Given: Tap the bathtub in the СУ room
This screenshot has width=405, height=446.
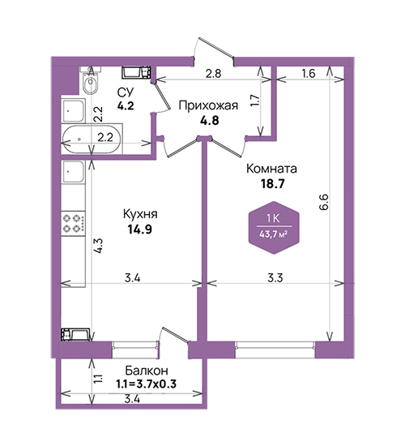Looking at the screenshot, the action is tap(92, 139).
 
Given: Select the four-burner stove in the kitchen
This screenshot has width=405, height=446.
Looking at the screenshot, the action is tap(74, 223).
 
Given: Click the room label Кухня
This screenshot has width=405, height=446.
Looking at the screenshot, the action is tap(140, 214).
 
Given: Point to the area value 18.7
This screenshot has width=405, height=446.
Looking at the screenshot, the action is tap(273, 184).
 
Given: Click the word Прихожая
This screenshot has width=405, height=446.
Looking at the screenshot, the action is tap(208, 105).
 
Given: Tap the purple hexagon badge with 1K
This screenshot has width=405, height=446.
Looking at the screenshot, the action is tap(274, 227).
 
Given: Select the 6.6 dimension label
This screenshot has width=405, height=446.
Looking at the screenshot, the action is tap(324, 202).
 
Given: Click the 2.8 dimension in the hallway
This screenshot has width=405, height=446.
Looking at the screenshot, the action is tap(214, 74).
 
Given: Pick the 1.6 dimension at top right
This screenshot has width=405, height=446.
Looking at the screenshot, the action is tap(309, 74).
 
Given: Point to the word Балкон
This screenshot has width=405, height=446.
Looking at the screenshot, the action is tap(147, 371).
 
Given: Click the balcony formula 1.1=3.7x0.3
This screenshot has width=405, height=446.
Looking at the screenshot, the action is tap(146, 384).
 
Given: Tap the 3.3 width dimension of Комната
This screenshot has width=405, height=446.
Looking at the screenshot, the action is tap(275, 278).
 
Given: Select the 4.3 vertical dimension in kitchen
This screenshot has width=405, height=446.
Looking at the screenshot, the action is tap(99, 246).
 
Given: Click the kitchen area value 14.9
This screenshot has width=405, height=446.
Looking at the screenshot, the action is tap(140, 229).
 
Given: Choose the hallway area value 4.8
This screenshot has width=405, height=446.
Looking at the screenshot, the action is tap(210, 120).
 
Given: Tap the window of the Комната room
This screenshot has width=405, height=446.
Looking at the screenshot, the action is tap(275, 345).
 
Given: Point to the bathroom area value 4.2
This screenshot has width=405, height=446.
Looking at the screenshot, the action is tap(126, 106).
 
